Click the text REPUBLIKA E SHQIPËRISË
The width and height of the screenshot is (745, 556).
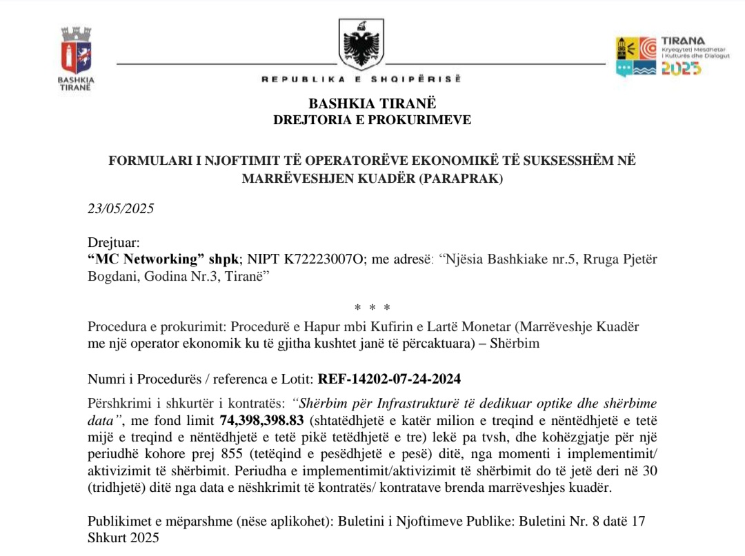pos(361,79)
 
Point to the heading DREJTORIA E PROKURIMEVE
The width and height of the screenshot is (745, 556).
pos(372,120)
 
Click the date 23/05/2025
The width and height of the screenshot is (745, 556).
pos(121,209)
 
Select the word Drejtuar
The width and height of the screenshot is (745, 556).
pos(114,243)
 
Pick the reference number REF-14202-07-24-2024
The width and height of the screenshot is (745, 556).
pos(389,379)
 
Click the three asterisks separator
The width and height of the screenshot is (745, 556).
pos(372,308)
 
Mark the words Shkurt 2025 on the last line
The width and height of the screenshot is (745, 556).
pos(123,537)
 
